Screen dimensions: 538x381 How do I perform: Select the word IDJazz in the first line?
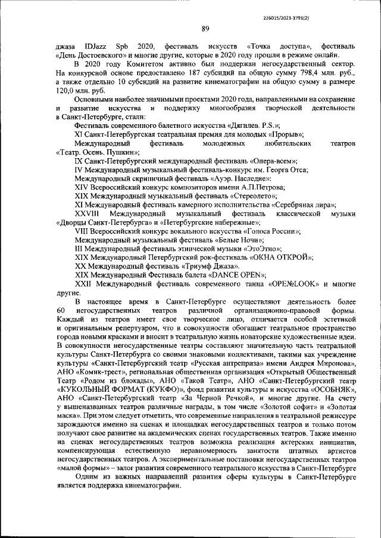tap(95, 46)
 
